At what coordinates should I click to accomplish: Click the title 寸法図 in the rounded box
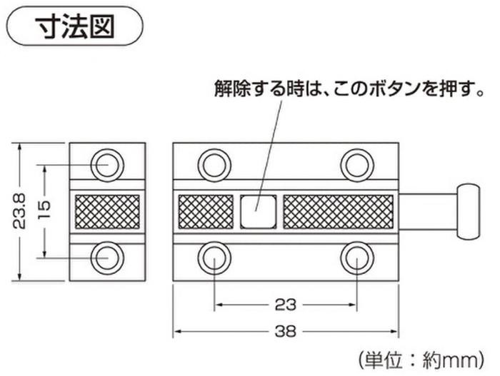click(x=74, y=27)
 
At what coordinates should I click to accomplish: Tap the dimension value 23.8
click(x=19, y=212)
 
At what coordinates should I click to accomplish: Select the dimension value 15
click(x=44, y=210)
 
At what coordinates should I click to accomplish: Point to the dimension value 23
click(x=286, y=305)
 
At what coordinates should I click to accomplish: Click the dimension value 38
click(x=286, y=332)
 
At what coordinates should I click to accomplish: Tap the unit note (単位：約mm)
click(x=421, y=360)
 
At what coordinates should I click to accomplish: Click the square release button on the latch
click(x=258, y=212)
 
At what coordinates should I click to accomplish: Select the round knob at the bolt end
click(x=468, y=212)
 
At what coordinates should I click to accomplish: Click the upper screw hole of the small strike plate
click(x=107, y=166)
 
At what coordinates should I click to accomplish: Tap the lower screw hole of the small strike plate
click(x=107, y=258)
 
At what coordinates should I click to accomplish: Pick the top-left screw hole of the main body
click(x=214, y=166)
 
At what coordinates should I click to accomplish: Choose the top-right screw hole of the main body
click(x=357, y=166)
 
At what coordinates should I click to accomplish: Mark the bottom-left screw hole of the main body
click(x=214, y=258)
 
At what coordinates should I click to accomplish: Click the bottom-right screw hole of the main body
click(x=357, y=258)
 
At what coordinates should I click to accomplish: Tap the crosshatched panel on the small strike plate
click(x=107, y=212)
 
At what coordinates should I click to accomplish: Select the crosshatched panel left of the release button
click(x=206, y=212)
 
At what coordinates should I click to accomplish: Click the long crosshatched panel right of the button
click(x=338, y=212)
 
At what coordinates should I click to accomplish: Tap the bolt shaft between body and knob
click(x=429, y=212)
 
